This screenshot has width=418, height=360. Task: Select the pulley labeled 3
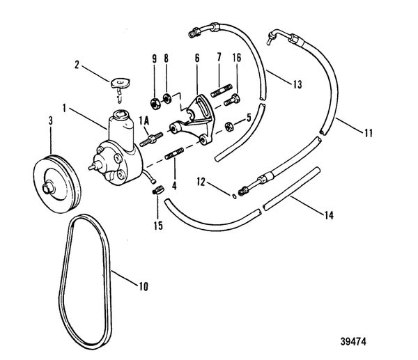pos(57,178)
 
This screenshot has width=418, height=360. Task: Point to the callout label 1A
pos(144,120)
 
